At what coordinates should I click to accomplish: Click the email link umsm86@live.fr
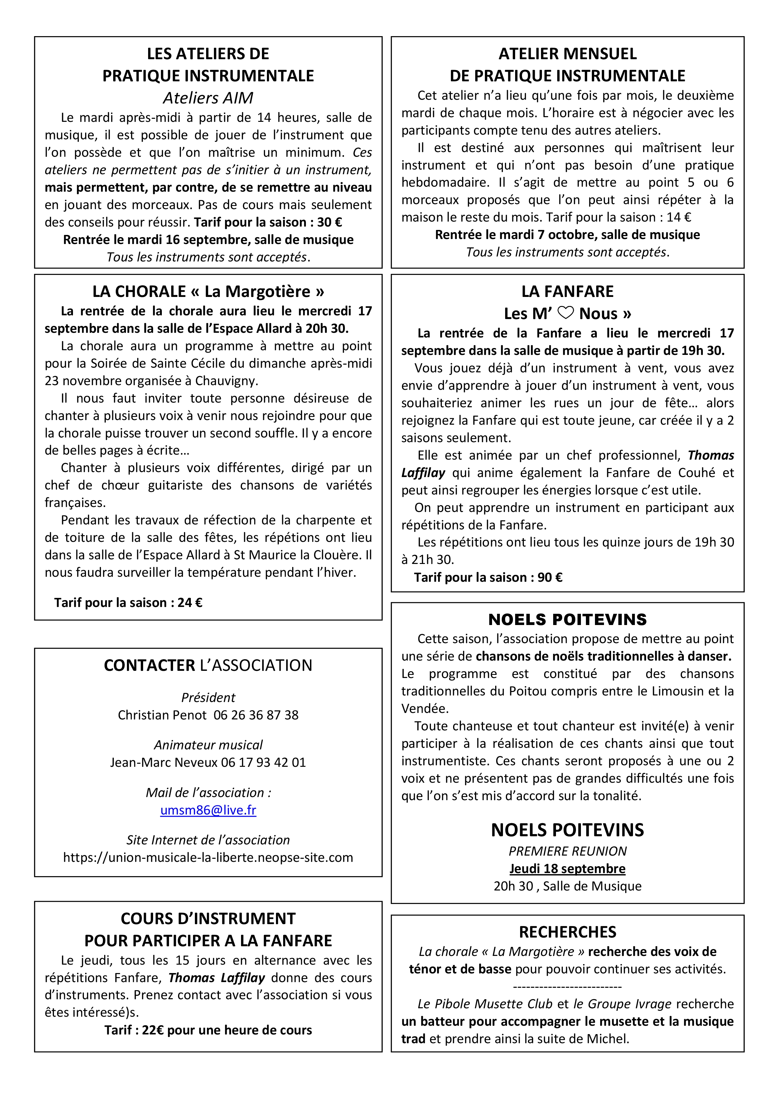(208, 810)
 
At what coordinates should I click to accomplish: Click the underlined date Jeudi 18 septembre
(567, 868)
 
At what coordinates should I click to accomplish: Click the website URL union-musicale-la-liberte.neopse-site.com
(208, 857)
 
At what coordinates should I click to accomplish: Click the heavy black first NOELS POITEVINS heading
(567, 619)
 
